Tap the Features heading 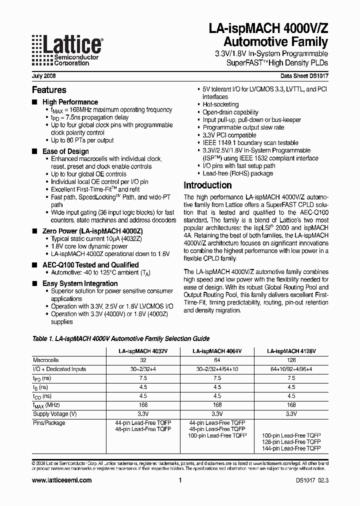(49, 90)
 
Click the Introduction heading (207, 185)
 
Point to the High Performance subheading (70, 102)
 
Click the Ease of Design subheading (65, 151)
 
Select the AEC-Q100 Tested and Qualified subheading (90, 265)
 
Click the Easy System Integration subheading (80, 283)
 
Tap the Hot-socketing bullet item (220, 105)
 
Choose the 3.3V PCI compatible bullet (229, 135)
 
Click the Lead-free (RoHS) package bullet (237, 173)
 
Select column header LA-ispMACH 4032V (143, 351)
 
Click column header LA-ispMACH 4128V (291, 351)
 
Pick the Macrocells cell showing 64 (217, 360)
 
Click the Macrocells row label (46, 360)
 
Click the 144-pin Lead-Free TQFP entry (291, 449)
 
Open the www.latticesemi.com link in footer (62, 480)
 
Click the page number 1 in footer (179, 480)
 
